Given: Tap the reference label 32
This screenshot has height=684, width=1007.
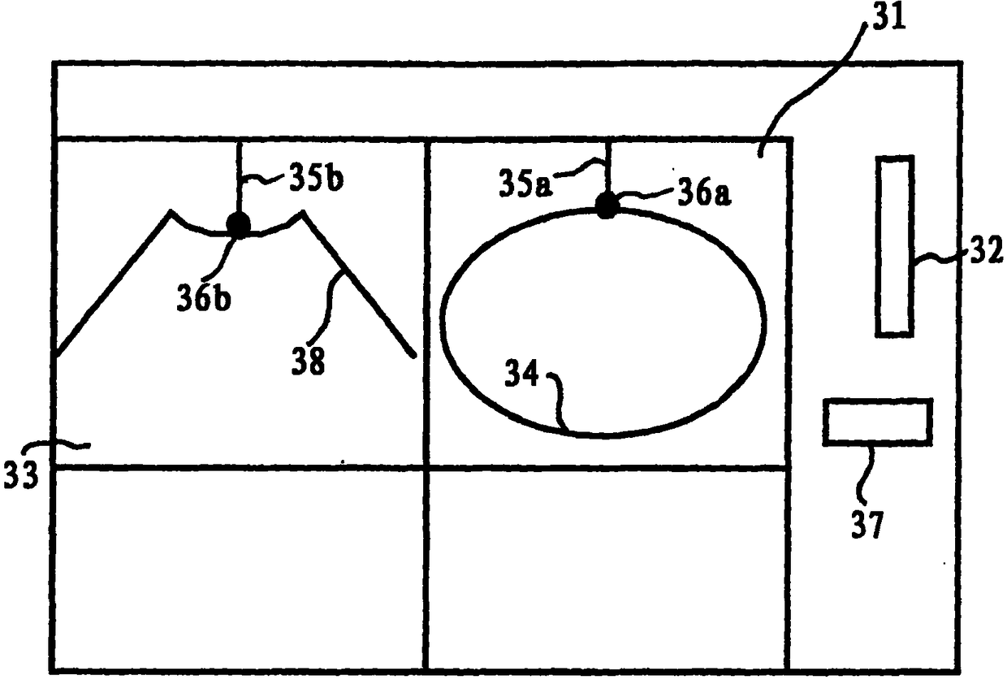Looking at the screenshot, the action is click(985, 253).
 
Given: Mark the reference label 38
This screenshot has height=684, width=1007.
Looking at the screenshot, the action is click(309, 360).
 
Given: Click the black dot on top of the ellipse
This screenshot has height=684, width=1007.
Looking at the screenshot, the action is click(607, 206).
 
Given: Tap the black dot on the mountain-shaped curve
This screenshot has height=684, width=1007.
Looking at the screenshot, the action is click(239, 224).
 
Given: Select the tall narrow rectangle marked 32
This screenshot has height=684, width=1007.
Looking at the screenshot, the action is click(894, 245).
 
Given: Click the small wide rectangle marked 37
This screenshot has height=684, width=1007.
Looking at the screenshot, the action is click(877, 422).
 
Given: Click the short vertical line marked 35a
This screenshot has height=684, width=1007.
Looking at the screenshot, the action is click(607, 167).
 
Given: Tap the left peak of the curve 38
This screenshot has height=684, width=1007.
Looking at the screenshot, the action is click(171, 213).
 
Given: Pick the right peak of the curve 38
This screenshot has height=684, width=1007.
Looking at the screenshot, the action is click(304, 213).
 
